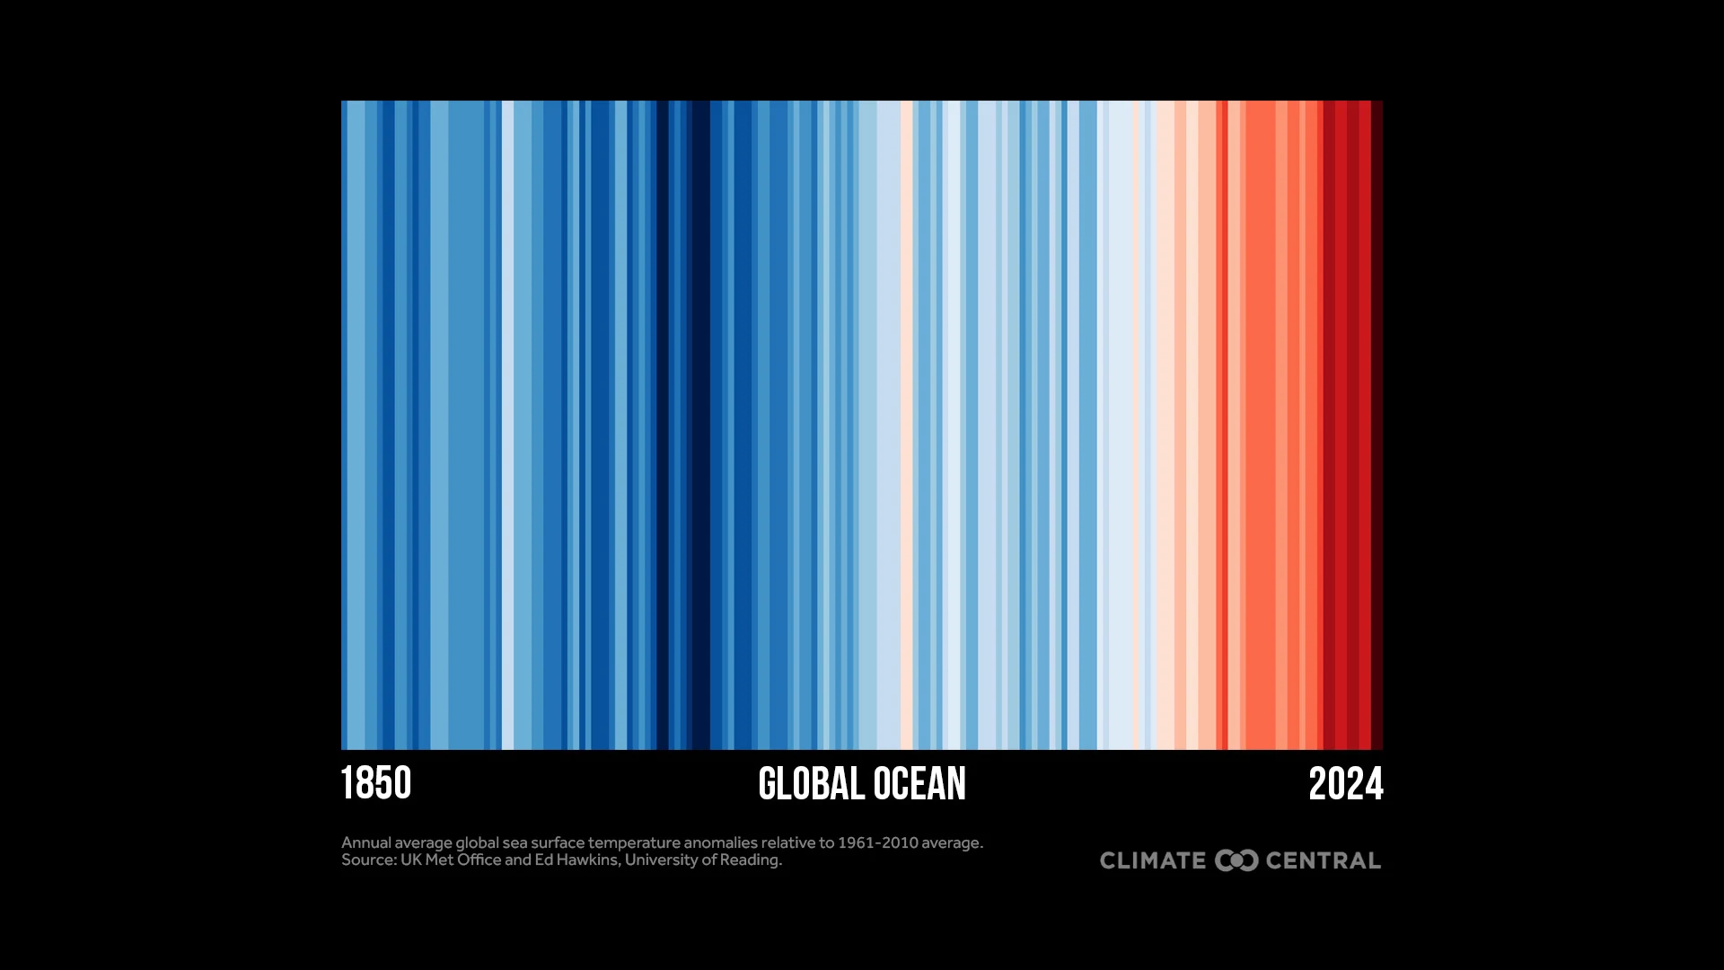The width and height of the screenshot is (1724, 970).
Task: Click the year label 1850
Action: [x=376, y=783]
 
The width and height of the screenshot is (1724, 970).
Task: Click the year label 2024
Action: [x=1345, y=783]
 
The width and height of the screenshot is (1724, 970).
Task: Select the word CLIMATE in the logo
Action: [x=1153, y=860]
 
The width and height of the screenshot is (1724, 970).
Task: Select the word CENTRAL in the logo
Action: [x=1323, y=860]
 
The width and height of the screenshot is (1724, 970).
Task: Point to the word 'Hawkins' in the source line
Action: [x=587, y=860]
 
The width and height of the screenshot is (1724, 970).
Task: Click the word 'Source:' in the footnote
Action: [x=368, y=860]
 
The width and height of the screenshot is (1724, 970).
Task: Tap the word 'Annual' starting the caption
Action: [x=365, y=842]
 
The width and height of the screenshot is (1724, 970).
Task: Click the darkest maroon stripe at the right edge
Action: [x=1377, y=422]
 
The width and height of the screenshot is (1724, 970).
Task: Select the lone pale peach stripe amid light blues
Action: [x=907, y=422]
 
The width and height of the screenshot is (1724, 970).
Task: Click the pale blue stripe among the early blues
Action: [x=507, y=422]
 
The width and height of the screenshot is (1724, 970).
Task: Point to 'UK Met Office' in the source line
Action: [x=451, y=860]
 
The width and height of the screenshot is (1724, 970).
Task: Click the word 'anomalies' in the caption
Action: [x=720, y=842]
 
